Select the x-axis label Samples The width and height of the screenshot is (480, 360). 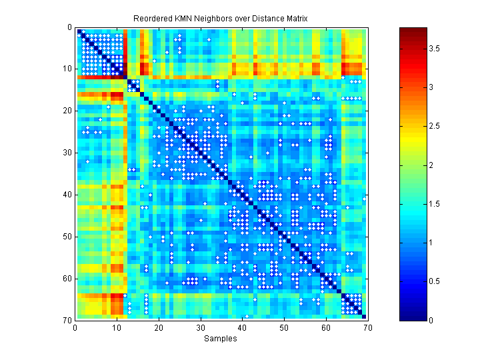coord(220,339)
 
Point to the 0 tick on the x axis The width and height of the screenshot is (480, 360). coord(75,327)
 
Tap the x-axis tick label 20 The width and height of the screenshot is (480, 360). coord(159,327)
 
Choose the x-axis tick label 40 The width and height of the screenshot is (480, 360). coord(242,327)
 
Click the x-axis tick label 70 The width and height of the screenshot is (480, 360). coord(367,327)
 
